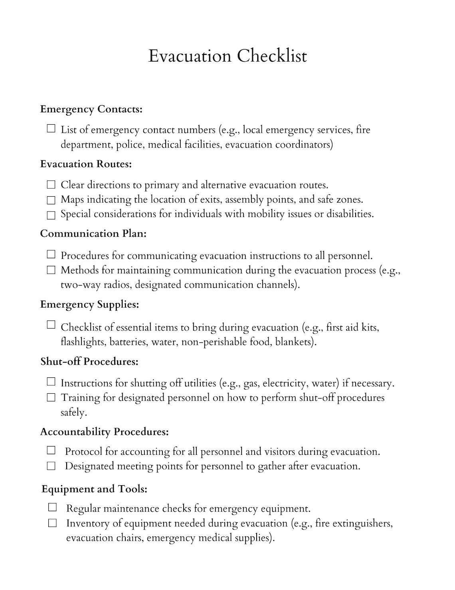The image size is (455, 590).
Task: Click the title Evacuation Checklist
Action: pyautogui.click(x=227, y=56)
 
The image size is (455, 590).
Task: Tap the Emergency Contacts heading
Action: pyautogui.click(x=91, y=109)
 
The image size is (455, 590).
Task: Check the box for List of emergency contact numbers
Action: pyautogui.click(x=51, y=129)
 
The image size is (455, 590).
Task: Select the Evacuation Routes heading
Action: pyautogui.click(x=86, y=164)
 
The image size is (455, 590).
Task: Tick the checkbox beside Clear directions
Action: pyautogui.click(x=51, y=185)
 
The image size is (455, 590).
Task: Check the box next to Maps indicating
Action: pyautogui.click(x=51, y=200)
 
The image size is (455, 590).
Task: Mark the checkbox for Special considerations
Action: pyautogui.click(x=51, y=215)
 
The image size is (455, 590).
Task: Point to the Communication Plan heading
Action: pyautogui.click(x=93, y=233)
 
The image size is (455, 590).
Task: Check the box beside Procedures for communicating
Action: pyautogui.click(x=51, y=254)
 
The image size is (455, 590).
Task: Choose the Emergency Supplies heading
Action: pyautogui.click(x=89, y=304)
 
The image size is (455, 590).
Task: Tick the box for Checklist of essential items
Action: pyautogui.click(x=51, y=325)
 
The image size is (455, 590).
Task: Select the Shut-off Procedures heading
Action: pyautogui.click(x=89, y=362)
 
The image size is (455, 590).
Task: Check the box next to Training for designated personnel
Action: pyautogui.click(x=51, y=397)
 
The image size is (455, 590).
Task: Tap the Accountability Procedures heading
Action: pyautogui.click(x=104, y=432)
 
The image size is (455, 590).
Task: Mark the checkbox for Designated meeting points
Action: pyautogui.click(x=51, y=466)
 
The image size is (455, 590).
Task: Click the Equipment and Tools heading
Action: pyautogui.click(x=94, y=489)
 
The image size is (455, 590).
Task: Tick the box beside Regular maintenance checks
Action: pyautogui.click(x=52, y=508)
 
